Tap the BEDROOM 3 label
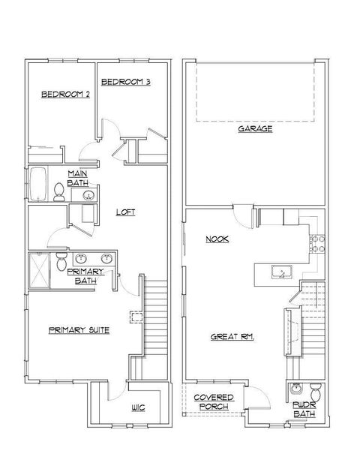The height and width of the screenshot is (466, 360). point(125,81)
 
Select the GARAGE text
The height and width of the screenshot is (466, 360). point(255,128)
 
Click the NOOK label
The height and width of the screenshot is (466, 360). point(218,239)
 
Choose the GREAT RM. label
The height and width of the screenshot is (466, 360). point(232,337)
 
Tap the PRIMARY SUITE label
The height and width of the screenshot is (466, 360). point(79,329)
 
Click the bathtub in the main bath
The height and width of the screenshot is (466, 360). point(38,185)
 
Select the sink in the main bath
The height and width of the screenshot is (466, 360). point(88,196)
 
